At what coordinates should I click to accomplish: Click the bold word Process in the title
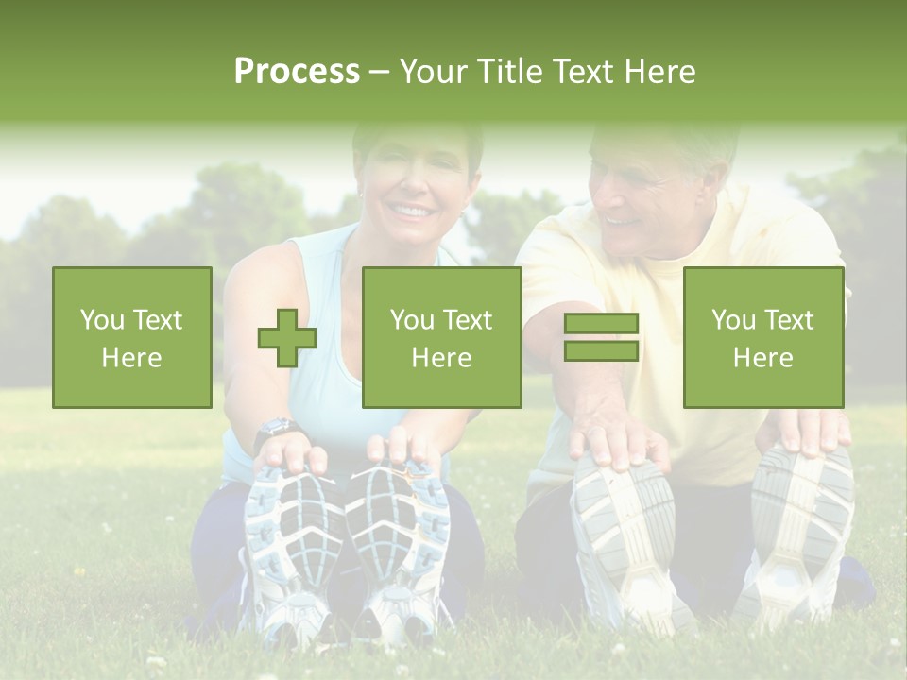297,72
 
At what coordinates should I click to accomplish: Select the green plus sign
287,338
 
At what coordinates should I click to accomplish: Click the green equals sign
601,337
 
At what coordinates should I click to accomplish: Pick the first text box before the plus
132,337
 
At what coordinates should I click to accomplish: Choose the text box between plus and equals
441,337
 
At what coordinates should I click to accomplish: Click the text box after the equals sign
762,337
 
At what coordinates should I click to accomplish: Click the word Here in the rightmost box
762,357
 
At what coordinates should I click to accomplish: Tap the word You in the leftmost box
101,319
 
